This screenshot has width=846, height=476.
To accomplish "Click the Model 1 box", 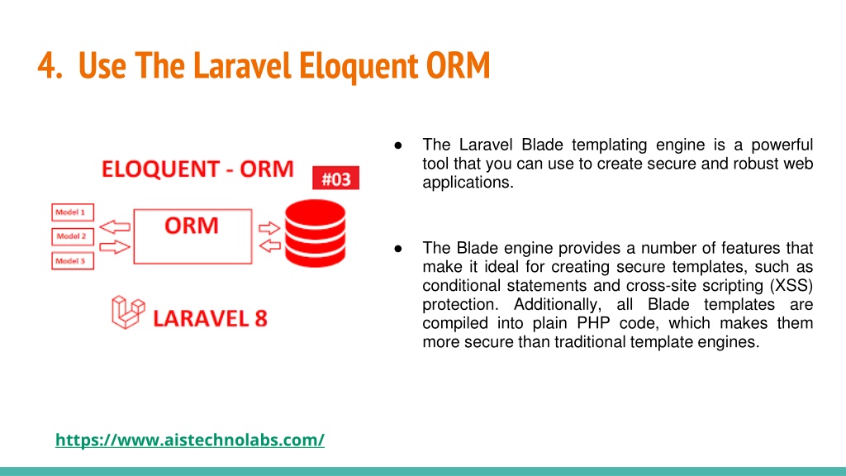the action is point(73,212).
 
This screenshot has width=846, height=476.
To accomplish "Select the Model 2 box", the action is point(73,236).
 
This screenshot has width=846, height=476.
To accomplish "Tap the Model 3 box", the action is point(73,260).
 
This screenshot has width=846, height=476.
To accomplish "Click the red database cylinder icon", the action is point(315,233).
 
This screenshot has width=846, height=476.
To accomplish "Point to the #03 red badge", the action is point(335,178).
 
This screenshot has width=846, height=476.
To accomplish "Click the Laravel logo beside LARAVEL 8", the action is point(128,312).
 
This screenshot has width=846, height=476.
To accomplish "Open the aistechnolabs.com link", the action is point(190,440).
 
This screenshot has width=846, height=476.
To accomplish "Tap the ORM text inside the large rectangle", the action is point(192,226).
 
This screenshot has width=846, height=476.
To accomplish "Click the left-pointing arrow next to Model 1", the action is point(115,226).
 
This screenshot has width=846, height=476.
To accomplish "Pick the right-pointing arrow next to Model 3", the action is point(115,247).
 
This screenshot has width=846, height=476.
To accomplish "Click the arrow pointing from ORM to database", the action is point(269,228).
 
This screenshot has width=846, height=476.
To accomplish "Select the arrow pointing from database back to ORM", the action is point(270,246).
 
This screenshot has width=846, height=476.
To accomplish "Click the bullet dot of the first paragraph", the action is point(398,145).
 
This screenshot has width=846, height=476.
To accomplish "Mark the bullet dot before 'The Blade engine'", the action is point(398,248).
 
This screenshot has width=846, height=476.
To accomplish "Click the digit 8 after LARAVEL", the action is point(261,318).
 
